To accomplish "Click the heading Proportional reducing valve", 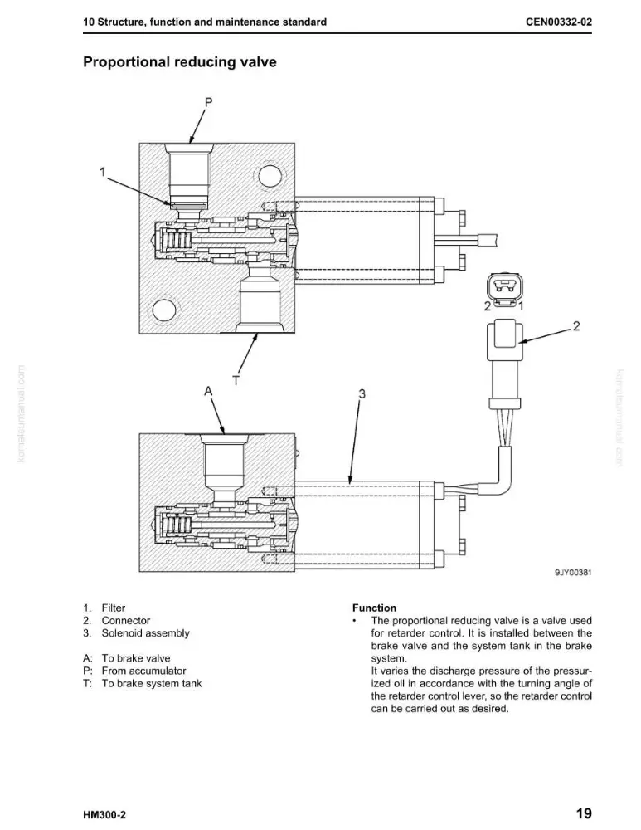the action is pyautogui.click(x=180, y=62).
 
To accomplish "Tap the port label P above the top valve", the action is pyautogui.click(x=208, y=101).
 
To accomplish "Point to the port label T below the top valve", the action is pyautogui.click(x=236, y=380).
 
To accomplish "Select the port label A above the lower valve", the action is pyautogui.click(x=208, y=391).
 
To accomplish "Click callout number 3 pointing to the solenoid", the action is pyautogui.click(x=362, y=393).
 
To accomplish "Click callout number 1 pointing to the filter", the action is pyautogui.click(x=103, y=172).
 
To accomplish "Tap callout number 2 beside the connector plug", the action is pyautogui.click(x=576, y=326).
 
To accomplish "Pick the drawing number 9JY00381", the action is pyautogui.click(x=573, y=572).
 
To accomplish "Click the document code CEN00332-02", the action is pyautogui.click(x=559, y=22).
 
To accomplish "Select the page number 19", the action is pyautogui.click(x=584, y=813).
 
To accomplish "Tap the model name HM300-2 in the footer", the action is pyautogui.click(x=104, y=815).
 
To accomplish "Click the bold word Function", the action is pyautogui.click(x=375, y=608).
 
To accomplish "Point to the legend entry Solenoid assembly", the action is pyautogui.click(x=145, y=633).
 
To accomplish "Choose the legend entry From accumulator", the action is pyautogui.click(x=143, y=671).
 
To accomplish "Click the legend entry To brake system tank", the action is pyautogui.click(x=152, y=683).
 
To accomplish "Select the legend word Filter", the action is pyautogui.click(x=114, y=608).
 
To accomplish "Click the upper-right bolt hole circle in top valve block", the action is pyautogui.click(x=270, y=176).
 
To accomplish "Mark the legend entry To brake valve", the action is pyautogui.click(x=136, y=658).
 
